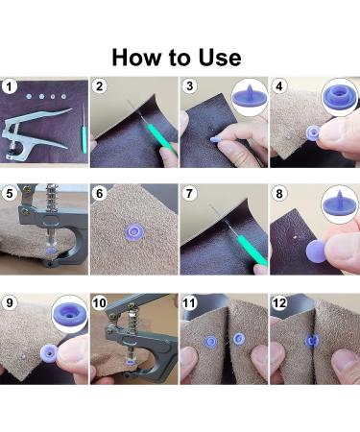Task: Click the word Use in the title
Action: (x=220, y=58)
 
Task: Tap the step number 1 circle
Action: (x=9, y=86)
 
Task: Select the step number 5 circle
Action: (x=10, y=193)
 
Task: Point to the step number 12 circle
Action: (x=279, y=302)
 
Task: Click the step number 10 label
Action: (x=99, y=302)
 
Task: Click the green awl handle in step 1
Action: (x=84, y=139)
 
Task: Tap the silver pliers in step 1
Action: (x=35, y=133)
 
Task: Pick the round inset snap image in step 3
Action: (x=250, y=97)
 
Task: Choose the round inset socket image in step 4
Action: (x=340, y=97)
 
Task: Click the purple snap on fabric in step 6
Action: (x=134, y=231)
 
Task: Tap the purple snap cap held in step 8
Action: (x=316, y=251)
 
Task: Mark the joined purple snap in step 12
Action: (x=312, y=341)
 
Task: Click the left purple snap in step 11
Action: (x=210, y=342)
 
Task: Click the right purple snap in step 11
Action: (x=238, y=339)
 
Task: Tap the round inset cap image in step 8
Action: (x=340, y=204)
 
